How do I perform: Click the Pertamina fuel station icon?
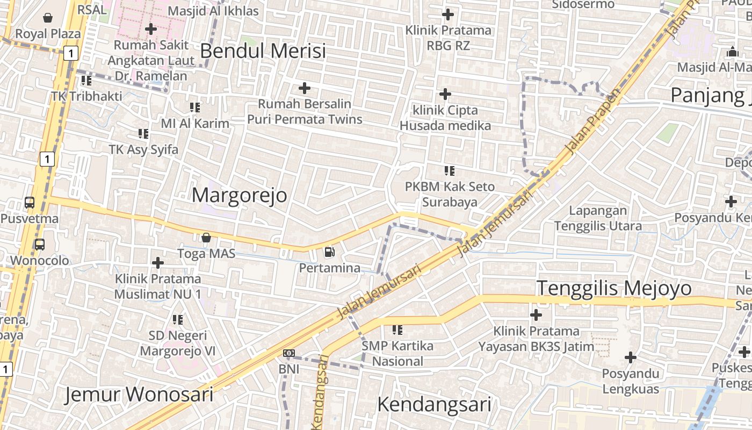coord(329,251)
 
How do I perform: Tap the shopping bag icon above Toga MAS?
coord(206,237)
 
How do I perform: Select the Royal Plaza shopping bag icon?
coord(48,18)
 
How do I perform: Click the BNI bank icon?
coord(289,353)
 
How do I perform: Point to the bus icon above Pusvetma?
coord(30,203)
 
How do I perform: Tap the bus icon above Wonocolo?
coord(40,244)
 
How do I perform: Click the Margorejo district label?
coord(240,195)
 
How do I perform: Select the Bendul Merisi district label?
coord(263,51)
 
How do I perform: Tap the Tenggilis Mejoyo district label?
coord(614,288)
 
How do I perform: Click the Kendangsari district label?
coord(434,404)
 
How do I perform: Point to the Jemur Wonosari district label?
coord(139,395)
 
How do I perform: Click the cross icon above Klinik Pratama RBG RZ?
coord(448,14)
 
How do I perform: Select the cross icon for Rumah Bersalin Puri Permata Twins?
coord(305,88)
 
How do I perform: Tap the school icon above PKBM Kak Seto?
coord(449,171)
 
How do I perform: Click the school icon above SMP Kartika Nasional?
coord(397,329)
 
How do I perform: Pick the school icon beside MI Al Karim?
coord(194,107)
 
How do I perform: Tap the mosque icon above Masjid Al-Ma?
coord(732,52)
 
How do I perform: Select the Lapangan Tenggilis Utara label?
coord(598,218)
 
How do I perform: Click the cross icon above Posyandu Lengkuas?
coord(631,357)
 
